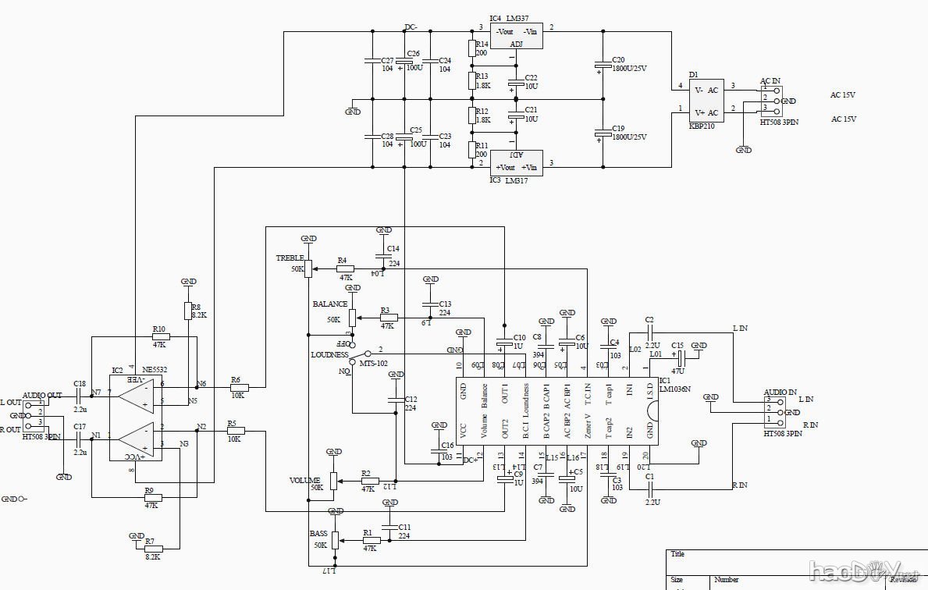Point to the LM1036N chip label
(675, 389)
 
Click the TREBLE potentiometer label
(290, 258)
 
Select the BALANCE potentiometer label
(329, 304)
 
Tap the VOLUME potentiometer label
(304, 479)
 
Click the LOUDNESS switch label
(329, 354)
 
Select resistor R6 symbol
(239, 387)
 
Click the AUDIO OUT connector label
(42, 396)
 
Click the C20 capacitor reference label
(618, 59)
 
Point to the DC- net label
(411, 27)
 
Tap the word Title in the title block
(677, 554)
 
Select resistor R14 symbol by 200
(471, 49)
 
